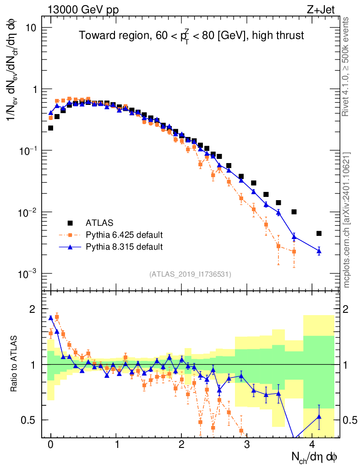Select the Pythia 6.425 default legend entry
coord(124,235)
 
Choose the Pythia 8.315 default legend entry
coord(124,247)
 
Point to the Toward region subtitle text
coord(191,36)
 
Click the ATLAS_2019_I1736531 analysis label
coord(190,274)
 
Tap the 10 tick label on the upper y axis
coord(31,28)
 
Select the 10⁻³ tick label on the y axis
coord(27,274)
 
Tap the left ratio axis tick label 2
coord(33,309)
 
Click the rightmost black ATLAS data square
coord(319,234)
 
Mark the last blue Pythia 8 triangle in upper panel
coord(319,251)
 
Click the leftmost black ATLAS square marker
coord(51,128)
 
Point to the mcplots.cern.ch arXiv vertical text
coord(347,220)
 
